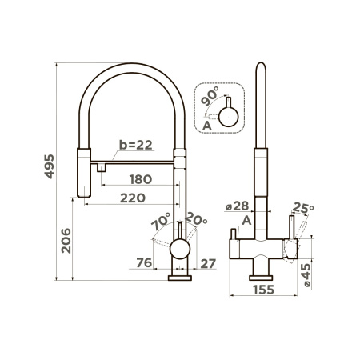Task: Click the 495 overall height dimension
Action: tap(49, 166)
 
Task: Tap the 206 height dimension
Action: tap(66, 241)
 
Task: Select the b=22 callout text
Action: tap(136, 145)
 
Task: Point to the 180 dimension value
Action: tap(141, 179)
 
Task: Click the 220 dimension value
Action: tap(133, 198)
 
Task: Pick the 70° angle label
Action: tap(161, 222)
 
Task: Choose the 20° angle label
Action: tap(197, 218)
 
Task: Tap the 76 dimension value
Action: tap(144, 263)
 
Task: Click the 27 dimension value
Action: tap(208, 263)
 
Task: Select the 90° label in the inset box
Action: tap(210, 96)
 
